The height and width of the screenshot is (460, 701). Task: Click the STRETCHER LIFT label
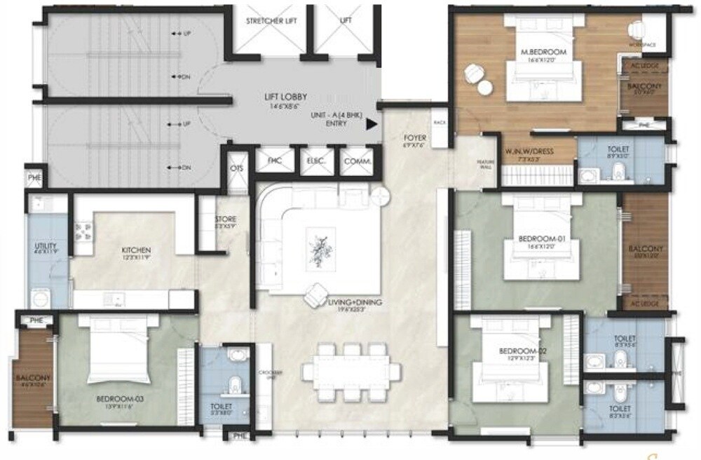[x=271, y=21]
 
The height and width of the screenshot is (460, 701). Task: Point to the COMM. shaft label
[x=357, y=160]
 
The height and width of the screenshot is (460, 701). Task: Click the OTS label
[x=236, y=170]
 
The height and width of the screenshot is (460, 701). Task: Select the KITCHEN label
[x=136, y=250]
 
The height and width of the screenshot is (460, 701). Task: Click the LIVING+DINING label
[x=351, y=302]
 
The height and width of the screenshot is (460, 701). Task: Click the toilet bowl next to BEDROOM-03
[x=236, y=382]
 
